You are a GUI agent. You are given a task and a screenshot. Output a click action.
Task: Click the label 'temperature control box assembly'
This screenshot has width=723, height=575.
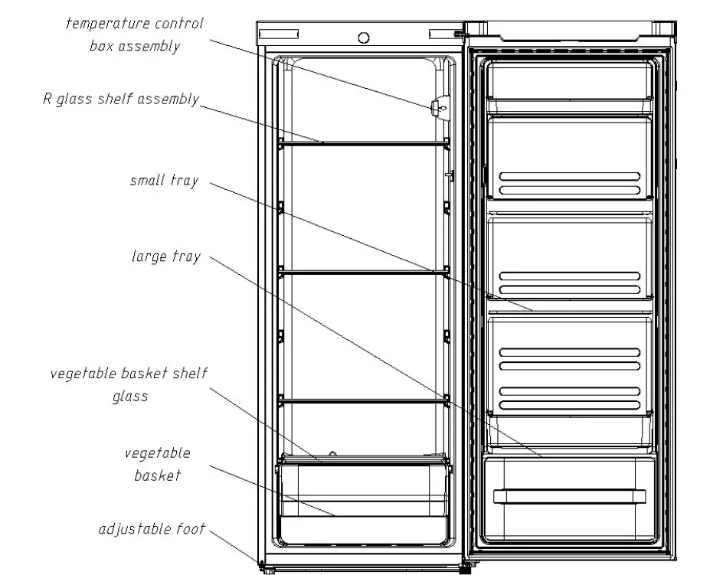[134, 34]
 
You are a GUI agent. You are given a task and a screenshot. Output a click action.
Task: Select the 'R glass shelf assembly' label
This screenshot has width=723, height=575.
[121, 100]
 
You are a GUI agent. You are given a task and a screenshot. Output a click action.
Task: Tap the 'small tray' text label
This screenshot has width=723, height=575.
[164, 181]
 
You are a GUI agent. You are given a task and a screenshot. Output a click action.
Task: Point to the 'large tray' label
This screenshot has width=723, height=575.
[165, 256]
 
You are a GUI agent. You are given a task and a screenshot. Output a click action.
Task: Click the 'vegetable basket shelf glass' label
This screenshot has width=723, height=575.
[129, 384]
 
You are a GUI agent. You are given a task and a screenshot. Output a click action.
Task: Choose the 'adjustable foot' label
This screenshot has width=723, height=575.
[152, 529]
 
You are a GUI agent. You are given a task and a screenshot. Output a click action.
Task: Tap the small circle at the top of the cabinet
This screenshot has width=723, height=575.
[364, 38]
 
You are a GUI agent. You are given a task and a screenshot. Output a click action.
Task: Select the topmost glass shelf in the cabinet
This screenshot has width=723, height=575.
[364, 143]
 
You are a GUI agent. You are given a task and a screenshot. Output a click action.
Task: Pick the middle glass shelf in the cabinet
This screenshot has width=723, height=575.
[364, 272]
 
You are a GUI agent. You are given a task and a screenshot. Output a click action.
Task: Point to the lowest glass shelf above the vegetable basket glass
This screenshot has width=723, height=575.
[364, 400]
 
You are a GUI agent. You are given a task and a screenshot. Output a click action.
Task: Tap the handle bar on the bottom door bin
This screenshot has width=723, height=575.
[570, 495]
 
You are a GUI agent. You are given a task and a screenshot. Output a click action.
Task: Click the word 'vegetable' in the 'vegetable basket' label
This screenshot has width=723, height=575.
[157, 453]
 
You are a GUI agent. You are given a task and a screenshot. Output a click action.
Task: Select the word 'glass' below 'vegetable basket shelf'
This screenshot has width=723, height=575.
[130, 397]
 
